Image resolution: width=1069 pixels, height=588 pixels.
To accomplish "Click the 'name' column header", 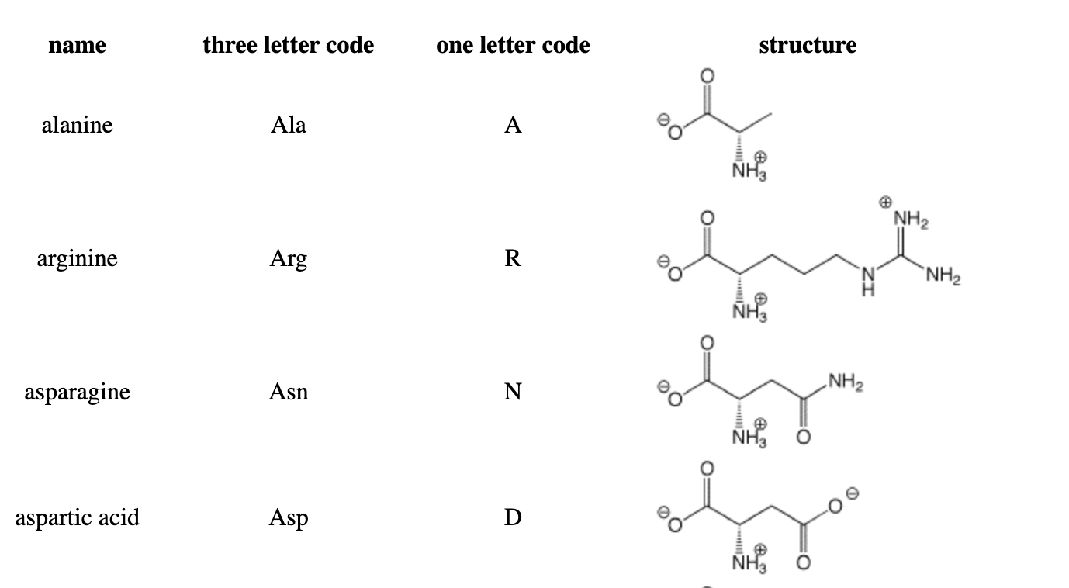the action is point(78,45).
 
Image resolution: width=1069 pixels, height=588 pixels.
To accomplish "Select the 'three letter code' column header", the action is point(289,45).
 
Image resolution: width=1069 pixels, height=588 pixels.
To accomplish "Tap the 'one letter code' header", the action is point(513,45).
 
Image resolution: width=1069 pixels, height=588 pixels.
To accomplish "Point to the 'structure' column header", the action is point(808,45).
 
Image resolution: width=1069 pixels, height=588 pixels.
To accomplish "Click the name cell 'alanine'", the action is point(78,125).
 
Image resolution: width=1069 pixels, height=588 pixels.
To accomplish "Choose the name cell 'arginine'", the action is point(78,259).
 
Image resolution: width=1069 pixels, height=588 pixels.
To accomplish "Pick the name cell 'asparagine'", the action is point(78,393).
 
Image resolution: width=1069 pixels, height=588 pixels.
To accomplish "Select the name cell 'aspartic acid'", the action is point(78,518).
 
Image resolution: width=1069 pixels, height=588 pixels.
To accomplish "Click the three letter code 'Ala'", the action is point(289,125).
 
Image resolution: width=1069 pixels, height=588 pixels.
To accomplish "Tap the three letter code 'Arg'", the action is point(289,259).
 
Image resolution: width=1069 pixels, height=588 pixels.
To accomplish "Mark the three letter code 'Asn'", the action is point(289,393).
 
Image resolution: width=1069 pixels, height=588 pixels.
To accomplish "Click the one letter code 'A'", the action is point(513,125).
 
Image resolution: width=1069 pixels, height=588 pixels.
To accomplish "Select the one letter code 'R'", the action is point(513,258).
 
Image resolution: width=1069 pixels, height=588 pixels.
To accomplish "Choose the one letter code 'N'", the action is point(513,392).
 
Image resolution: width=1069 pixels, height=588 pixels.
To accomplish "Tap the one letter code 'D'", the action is point(513,517).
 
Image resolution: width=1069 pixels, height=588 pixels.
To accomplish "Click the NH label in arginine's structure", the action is point(868,281).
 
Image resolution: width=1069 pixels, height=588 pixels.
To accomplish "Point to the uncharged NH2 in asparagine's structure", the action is point(846,382).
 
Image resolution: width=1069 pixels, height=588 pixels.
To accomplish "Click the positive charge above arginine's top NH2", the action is point(885,202).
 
